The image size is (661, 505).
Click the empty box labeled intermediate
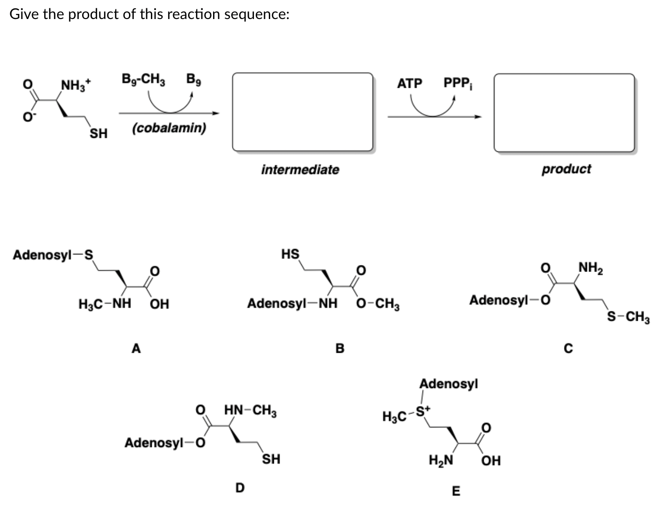(x=302, y=112)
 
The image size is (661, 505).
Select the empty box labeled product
(x=564, y=112)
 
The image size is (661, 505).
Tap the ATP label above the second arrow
(x=409, y=84)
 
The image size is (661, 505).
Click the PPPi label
(x=458, y=84)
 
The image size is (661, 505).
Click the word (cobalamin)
(x=168, y=128)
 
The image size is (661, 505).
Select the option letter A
(x=136, y=348)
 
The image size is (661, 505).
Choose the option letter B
(x=340, y=348)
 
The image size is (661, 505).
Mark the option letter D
(x=240, y=487)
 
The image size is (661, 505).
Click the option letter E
(x=456, y=491)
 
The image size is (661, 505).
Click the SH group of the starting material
(x=98, y=134)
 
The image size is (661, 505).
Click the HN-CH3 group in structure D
(x=250, y=411)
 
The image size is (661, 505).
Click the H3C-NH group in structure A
(x=104, y=304)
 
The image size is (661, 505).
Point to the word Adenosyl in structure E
(x=448, y=384)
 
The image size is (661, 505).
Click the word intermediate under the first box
(x=300, y=169)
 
